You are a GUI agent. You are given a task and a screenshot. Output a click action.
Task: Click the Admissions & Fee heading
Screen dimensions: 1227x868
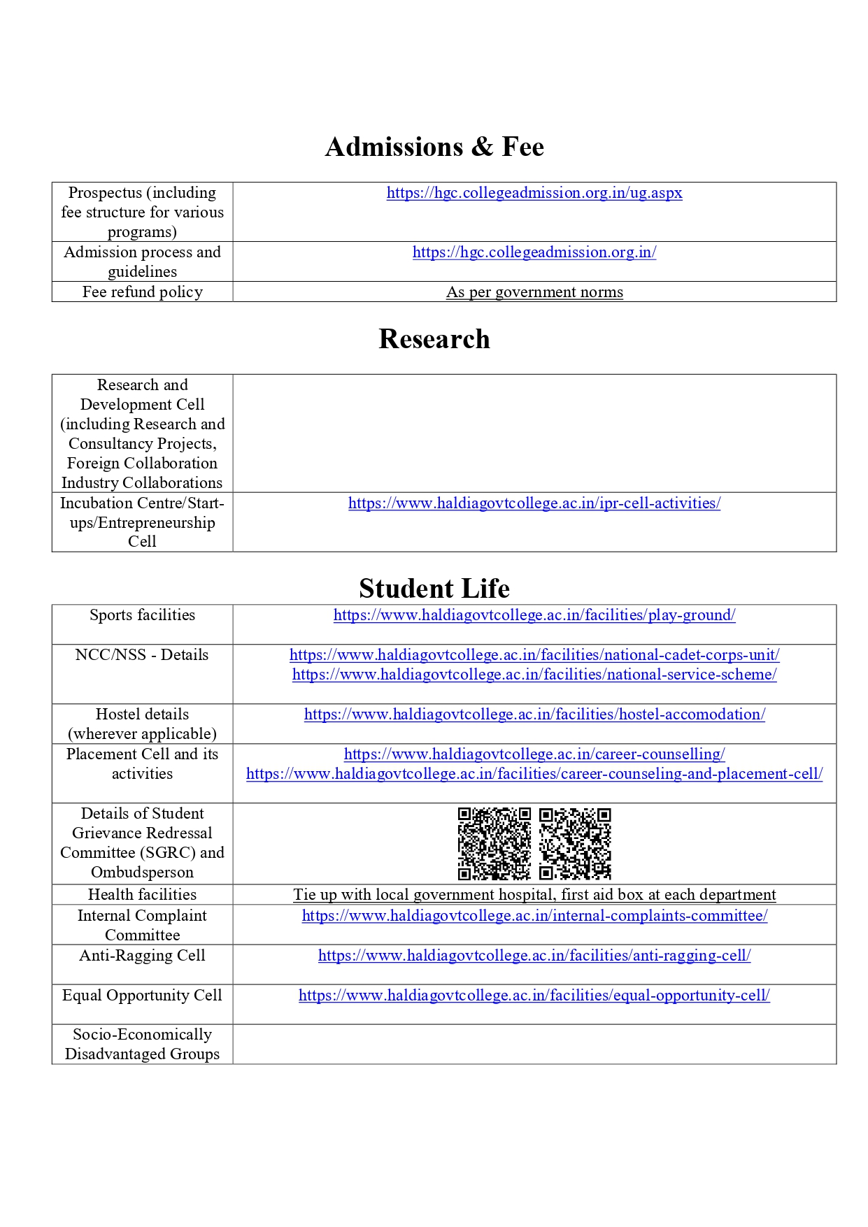pyautogui.click(x=434, y=147)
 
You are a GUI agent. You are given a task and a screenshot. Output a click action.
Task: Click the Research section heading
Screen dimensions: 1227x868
pyautogui.click(x=434, y=339)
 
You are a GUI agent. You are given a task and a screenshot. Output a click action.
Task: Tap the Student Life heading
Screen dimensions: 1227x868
pyautogui.click(x=434, y=589)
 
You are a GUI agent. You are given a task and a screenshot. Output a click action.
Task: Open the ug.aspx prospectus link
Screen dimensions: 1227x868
pyautogui.click(x=534, y=193)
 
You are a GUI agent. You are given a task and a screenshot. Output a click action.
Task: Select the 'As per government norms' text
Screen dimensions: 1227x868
pyautogui.click(x=534, y=292)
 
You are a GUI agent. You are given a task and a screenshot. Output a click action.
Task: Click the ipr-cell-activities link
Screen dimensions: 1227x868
pyautogui.click(x=534, y=503)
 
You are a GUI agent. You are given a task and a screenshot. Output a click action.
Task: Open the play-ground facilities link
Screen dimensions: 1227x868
pyautogui.click(x=534, y=615)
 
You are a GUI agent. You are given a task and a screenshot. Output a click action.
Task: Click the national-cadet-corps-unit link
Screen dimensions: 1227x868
pyautogui.click(x=534, y=655)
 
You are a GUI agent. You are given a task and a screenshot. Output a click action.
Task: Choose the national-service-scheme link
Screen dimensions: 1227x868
pyautogui.click(x=534, y=675)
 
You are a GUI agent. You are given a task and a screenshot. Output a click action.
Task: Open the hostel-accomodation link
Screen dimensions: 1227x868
pyautogui.click(x=534, y=715)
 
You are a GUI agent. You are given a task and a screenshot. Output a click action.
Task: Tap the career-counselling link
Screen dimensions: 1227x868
pyautogui.click(x=534, y=754)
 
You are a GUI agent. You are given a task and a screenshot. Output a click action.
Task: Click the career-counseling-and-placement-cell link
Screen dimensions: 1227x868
pyautogui.click(x=534, y=774)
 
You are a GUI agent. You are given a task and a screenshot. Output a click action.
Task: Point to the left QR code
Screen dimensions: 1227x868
pyautogui.click(x=494, y=843)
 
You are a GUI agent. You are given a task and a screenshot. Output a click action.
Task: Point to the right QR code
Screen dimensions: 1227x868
pyautogui.click(x=575, y=843)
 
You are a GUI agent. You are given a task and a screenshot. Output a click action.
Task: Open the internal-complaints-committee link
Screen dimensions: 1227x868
pyautogui.click(x=534, y=916)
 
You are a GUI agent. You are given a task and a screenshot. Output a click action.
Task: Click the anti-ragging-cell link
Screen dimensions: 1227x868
pyautogui.click(x=534, y=956)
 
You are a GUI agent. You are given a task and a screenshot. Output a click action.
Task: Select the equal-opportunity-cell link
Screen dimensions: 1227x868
pyautogui.click(x=534, y=996)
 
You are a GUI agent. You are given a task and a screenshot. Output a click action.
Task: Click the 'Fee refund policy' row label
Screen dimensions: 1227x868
pyautogui.click(x=143, y=292)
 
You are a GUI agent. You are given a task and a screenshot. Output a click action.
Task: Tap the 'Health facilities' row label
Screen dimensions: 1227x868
pyautogui.click(x=143, y=895)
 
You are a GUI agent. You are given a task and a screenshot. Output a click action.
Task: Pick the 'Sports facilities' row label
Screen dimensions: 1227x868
pyautogui.click(x=143, y=615)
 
